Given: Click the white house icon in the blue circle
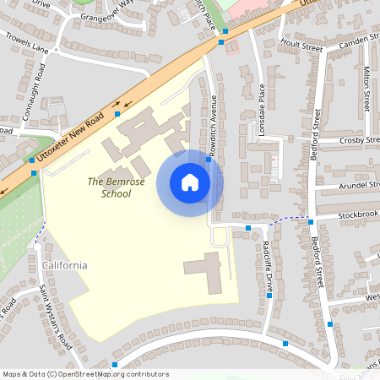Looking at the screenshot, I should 190,182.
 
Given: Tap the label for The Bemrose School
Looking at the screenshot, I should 110,187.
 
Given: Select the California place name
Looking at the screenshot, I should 64,265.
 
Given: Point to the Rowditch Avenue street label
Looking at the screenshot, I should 214,119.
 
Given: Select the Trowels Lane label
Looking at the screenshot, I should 26,42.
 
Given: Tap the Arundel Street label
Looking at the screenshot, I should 358,184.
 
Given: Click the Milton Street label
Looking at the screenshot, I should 366,89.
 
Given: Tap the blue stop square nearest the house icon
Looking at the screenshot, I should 209,158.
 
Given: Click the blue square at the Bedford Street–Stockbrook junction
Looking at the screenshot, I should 311,222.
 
